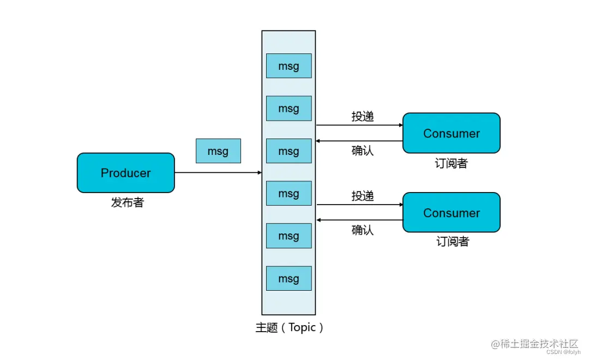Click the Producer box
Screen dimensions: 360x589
(125, 173)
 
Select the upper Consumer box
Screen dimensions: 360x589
(451, 133)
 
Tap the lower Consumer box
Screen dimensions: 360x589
(451, 213)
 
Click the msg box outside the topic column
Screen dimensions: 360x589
(218, 151)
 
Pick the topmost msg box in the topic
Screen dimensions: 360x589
(289, 66)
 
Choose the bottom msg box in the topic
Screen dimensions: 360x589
(289, 278)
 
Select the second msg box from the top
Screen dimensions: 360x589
(289, 109)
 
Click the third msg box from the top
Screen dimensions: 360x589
(289, 151)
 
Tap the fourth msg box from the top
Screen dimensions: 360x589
(289, 194)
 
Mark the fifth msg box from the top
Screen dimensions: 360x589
(289, 236)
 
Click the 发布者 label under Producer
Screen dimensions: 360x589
(128, 202)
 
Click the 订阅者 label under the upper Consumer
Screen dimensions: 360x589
(451, 163)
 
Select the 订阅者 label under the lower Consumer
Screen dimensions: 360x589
(452, 242)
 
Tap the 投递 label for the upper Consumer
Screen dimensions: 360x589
(363, 116)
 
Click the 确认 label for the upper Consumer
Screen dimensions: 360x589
(363, 151)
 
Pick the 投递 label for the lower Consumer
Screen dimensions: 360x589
(363, 196)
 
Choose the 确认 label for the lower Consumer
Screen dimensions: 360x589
(363, 230)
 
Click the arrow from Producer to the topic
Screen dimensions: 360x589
(218, 173)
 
